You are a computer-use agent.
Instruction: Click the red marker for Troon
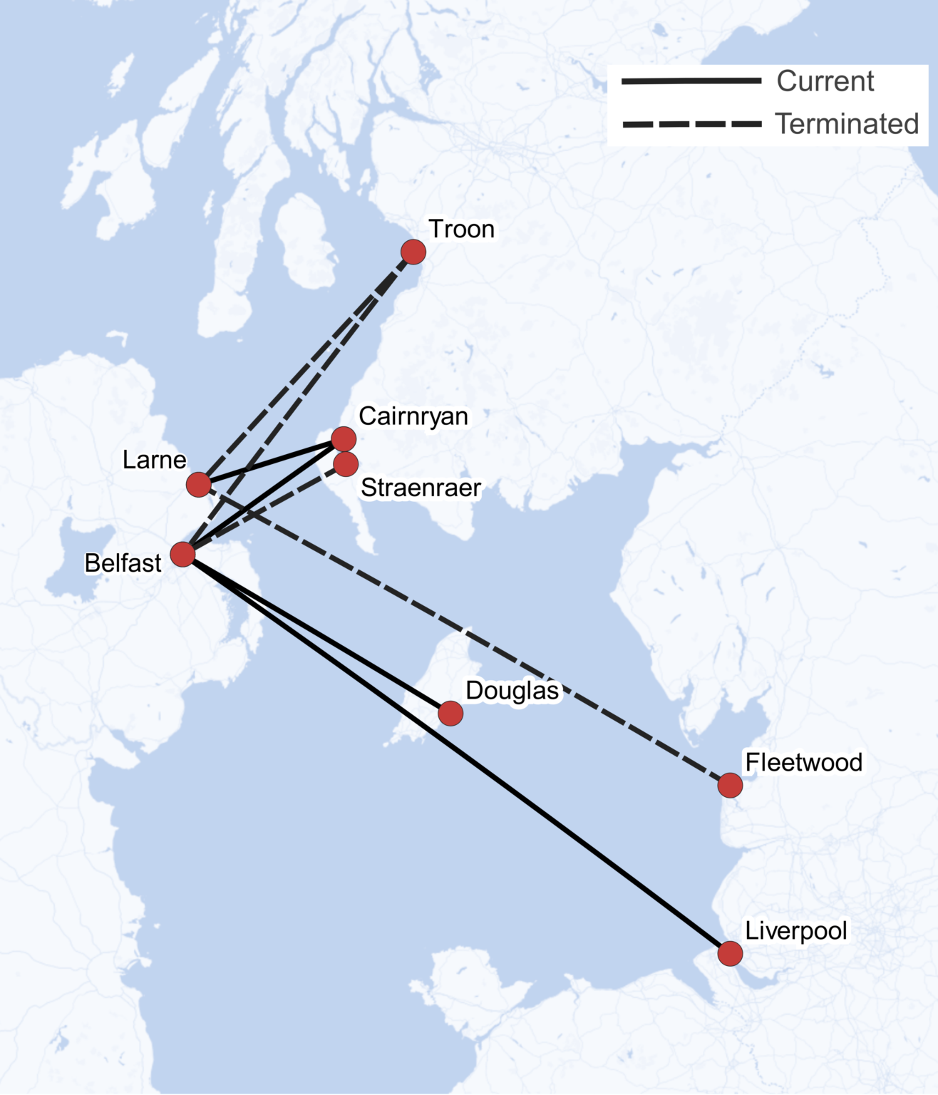tap(413, 252)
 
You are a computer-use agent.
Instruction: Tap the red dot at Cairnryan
tap(344, 439)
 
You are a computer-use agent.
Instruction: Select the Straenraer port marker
tap(346, 464)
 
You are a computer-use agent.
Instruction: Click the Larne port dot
tap(199, 485)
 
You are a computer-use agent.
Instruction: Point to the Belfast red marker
tap(183, 554)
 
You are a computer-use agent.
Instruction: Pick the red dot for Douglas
tap(450, 713)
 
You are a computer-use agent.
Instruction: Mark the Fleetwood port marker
tap(730, 785)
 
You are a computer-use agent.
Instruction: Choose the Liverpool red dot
tap(730, 953)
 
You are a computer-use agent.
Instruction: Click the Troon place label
tap(461, 230)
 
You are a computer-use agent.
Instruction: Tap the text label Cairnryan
tap(413, 416)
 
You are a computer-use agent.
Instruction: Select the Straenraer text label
tap(421, 488)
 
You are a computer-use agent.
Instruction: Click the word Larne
tap(154, 460)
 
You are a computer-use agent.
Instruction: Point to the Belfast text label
tap(123, 563)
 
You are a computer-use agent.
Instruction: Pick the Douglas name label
tap(512, 691)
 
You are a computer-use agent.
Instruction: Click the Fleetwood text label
tap(803, 763)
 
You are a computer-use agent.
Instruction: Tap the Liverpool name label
tap(795, 931)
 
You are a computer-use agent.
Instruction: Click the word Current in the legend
tap(825, 81)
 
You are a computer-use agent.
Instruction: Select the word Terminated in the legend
tap(847, 124)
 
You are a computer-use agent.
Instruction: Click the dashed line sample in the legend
tap(691, 124)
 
